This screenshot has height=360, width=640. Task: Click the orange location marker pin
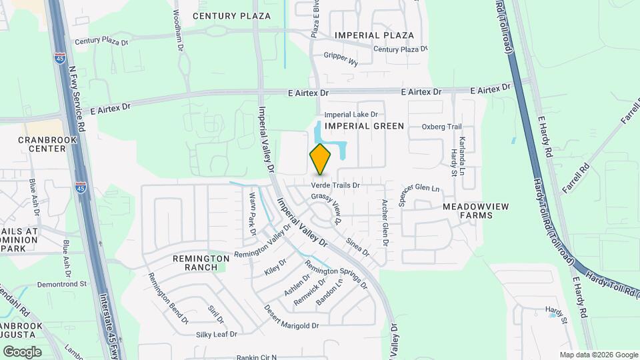(321, 159)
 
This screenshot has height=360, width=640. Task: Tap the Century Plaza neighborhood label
(232, 15)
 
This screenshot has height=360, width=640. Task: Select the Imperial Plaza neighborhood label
(374, 35)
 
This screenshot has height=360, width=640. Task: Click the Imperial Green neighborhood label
(364, 126)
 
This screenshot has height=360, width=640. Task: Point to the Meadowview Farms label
(476, 211)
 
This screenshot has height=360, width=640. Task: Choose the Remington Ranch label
(195, 263)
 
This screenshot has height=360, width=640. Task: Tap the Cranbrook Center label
(42, 144)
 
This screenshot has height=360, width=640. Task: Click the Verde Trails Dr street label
(336, 185)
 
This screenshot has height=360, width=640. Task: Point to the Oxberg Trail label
(441, 127)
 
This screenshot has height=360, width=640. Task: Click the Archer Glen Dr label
(385, 222)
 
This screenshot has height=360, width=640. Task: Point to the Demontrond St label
(62, 283)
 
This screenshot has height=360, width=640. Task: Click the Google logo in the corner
(22, 351)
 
